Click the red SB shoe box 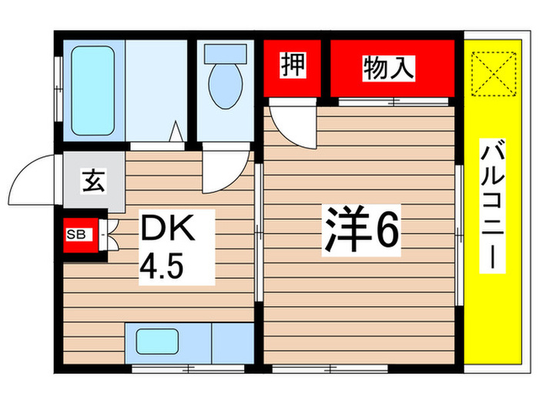click(77, 235)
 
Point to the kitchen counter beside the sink click(231, 340)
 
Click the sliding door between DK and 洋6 click(259, 231)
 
